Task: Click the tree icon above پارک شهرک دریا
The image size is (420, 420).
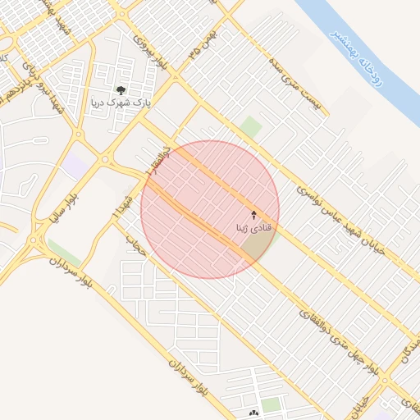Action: pos(121,90)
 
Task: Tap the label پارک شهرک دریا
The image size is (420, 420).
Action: pos(121,104)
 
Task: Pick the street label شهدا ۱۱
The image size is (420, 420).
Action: pos(121,205)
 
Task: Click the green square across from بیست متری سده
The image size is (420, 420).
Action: pos(251,127)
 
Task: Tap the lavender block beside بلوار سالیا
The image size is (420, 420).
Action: pos(76,167)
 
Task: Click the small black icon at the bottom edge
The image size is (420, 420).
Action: pos(253,413)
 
